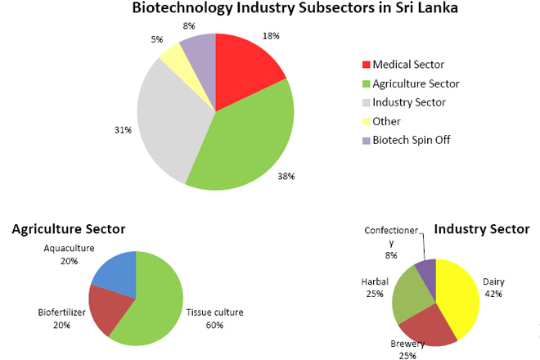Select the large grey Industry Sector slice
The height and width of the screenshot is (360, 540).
pyautogui.click(x=168, y=123)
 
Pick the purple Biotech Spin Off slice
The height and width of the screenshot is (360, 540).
pyautogui.click(x=199, y=52)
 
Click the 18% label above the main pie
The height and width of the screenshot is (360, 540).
pyautogui.click(x=271, y=36)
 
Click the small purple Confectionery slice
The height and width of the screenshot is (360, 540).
pyautogui.click(x=427, y=268)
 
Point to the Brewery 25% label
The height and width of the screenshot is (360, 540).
pyautogui.click(x=407, y=349)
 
